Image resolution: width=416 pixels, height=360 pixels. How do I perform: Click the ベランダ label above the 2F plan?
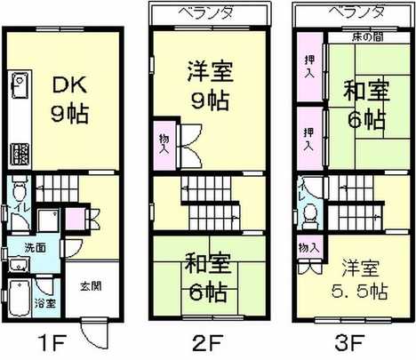(208, 14)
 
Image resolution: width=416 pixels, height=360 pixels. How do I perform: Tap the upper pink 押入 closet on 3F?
(308, 68)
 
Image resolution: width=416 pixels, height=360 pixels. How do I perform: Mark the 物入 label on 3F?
(308, 247)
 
